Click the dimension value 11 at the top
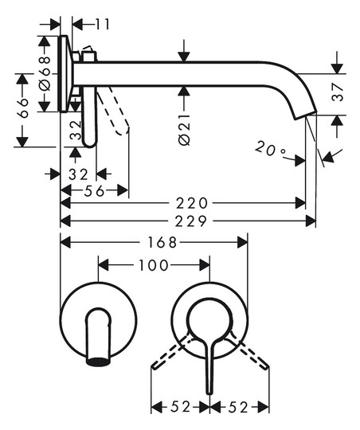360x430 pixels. click(103, 24)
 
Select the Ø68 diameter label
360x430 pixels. click(45, 73)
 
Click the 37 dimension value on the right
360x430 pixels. click(337, 92)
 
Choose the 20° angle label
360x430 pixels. click(270, 149)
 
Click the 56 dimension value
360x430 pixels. click(94, 191)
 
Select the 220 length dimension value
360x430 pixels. click(192, 203)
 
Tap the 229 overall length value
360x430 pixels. click(191, 221)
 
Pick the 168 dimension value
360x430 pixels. click(162, 242)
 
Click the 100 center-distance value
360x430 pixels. click(154, 265)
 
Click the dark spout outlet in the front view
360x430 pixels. click(98, 362)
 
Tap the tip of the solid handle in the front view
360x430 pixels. click(209, 393)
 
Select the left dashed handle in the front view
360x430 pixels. click(170, 352)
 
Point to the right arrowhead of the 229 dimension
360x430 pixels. click(311, 221)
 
